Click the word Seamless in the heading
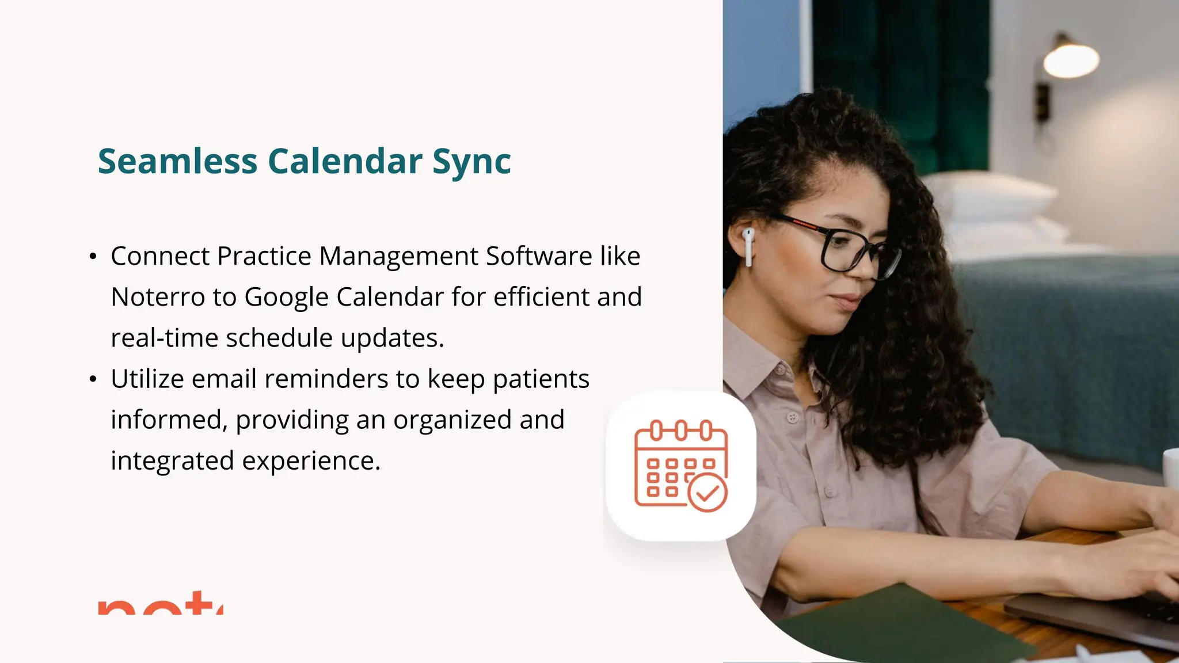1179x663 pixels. pyautogui.click(x=177, y=161)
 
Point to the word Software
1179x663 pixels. pyautogui.click(x=538, y=256)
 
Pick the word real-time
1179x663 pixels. pyautogui.click(x=163, y=338)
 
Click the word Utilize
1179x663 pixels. pyautogui.click(x=147, y=379)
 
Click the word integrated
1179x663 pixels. pyautogui.click(x=172, y=461)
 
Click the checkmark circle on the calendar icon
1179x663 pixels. pyautogui.click(x=708, y=493)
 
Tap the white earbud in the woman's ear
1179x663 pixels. pyautogui.click(x=748, y=245)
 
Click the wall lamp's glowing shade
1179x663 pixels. pyautogui.click(x=1071, y=60)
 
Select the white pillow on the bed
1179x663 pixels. pyautogui.click(x=990, y=196)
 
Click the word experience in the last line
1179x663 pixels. pyautogui.click(x=311, y=461)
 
